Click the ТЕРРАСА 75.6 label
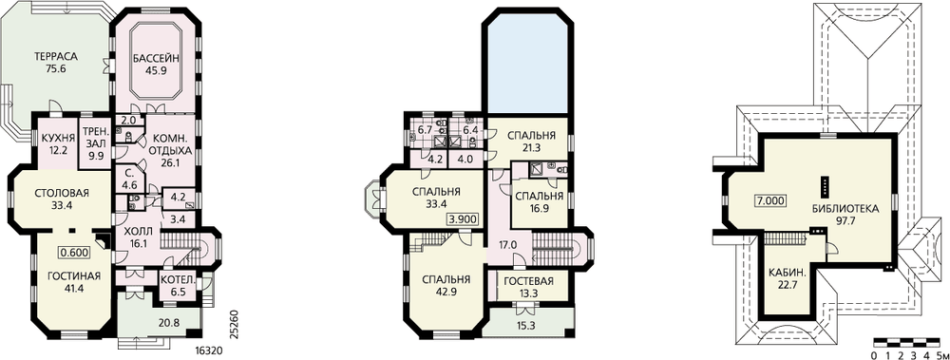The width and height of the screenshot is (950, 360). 55,63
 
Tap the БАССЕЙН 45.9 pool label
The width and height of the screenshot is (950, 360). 156,64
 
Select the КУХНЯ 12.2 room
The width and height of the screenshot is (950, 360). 58,142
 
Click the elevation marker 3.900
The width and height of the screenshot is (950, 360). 463,219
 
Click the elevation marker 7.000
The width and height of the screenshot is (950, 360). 769,200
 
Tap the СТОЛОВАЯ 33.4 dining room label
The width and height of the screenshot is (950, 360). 63,199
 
